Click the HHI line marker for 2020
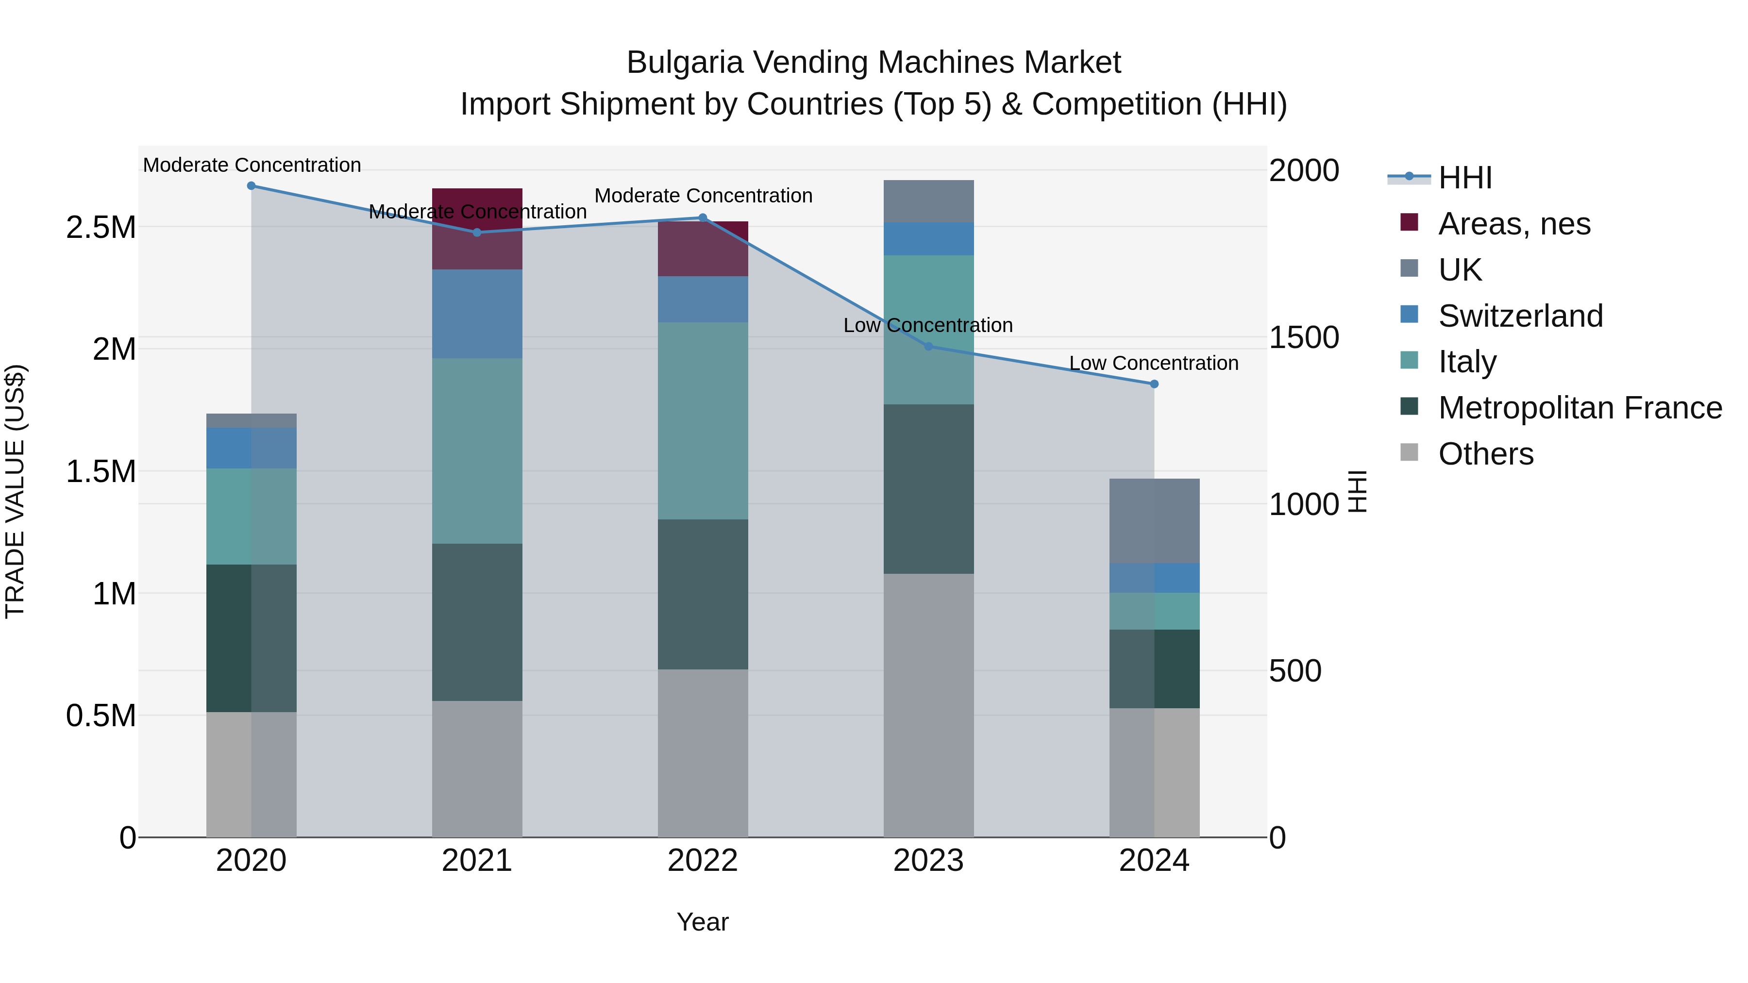(251, 185)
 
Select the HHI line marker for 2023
(928, 346)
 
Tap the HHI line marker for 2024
(1154, 384)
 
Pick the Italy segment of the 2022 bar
(703, 420)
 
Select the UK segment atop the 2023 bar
(928, 201)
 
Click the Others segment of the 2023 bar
(928, 705)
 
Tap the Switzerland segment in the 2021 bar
(477, 314)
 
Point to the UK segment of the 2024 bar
(1154, 520)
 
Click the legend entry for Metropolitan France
(1580, 408)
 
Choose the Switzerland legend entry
(1520, 316)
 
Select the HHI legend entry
(1464, 178)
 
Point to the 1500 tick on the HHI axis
(1304, 337)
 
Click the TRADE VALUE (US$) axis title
(15, 491)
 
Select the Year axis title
(702, 922)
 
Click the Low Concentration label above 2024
(1154, 363)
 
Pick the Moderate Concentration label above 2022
(703, 195)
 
